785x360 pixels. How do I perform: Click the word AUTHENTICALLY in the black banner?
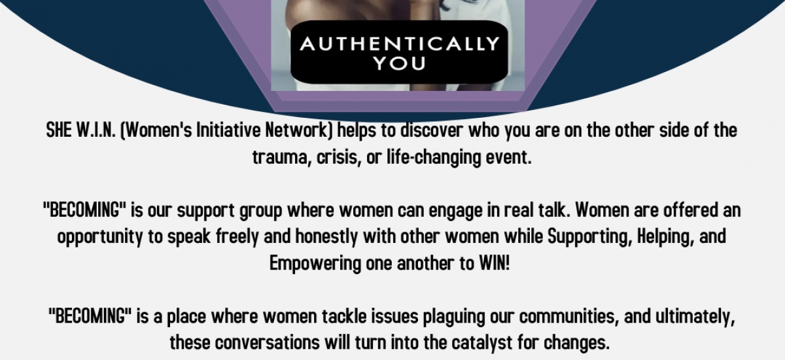click(x=399, y=45)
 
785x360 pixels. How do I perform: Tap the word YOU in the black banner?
click(x=399, y=63)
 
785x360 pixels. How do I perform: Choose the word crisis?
click(x=329, y=158)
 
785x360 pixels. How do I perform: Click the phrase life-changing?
click(x=419, y=158)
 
